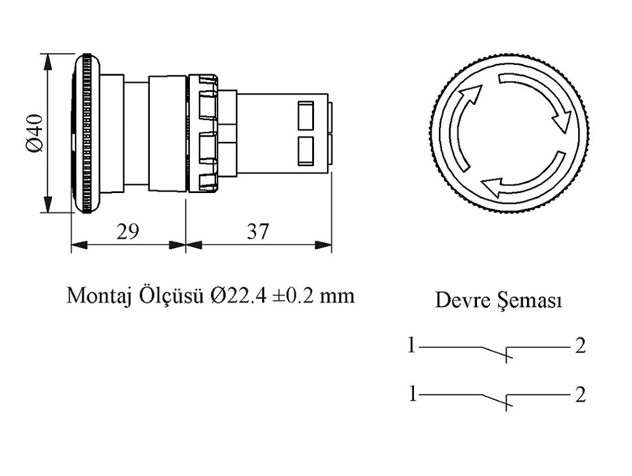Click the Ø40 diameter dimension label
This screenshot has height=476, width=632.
pyautogui.click(x=35, y=134)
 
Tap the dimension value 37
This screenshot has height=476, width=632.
pyautogui.click(x=258, y=230)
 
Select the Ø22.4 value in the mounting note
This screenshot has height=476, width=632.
pyautogui.click(x=239, y=295)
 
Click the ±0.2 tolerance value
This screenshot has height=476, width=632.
pyautogui.click(x=296, y=295)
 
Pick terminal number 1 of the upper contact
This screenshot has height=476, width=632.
pyautogui.click(x=411, y=345)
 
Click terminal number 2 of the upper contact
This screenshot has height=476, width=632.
pyautogui.click(x=579, y=345)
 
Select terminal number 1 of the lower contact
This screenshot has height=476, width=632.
pyautogui.click(x=411, y=394)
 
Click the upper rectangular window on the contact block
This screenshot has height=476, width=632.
pyautogui.click(x=305, y=115)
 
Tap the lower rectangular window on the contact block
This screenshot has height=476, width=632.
pyautogui.click(x=305, y=150)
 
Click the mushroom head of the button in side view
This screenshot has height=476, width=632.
pyautogui.click(x=86, y=134)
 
